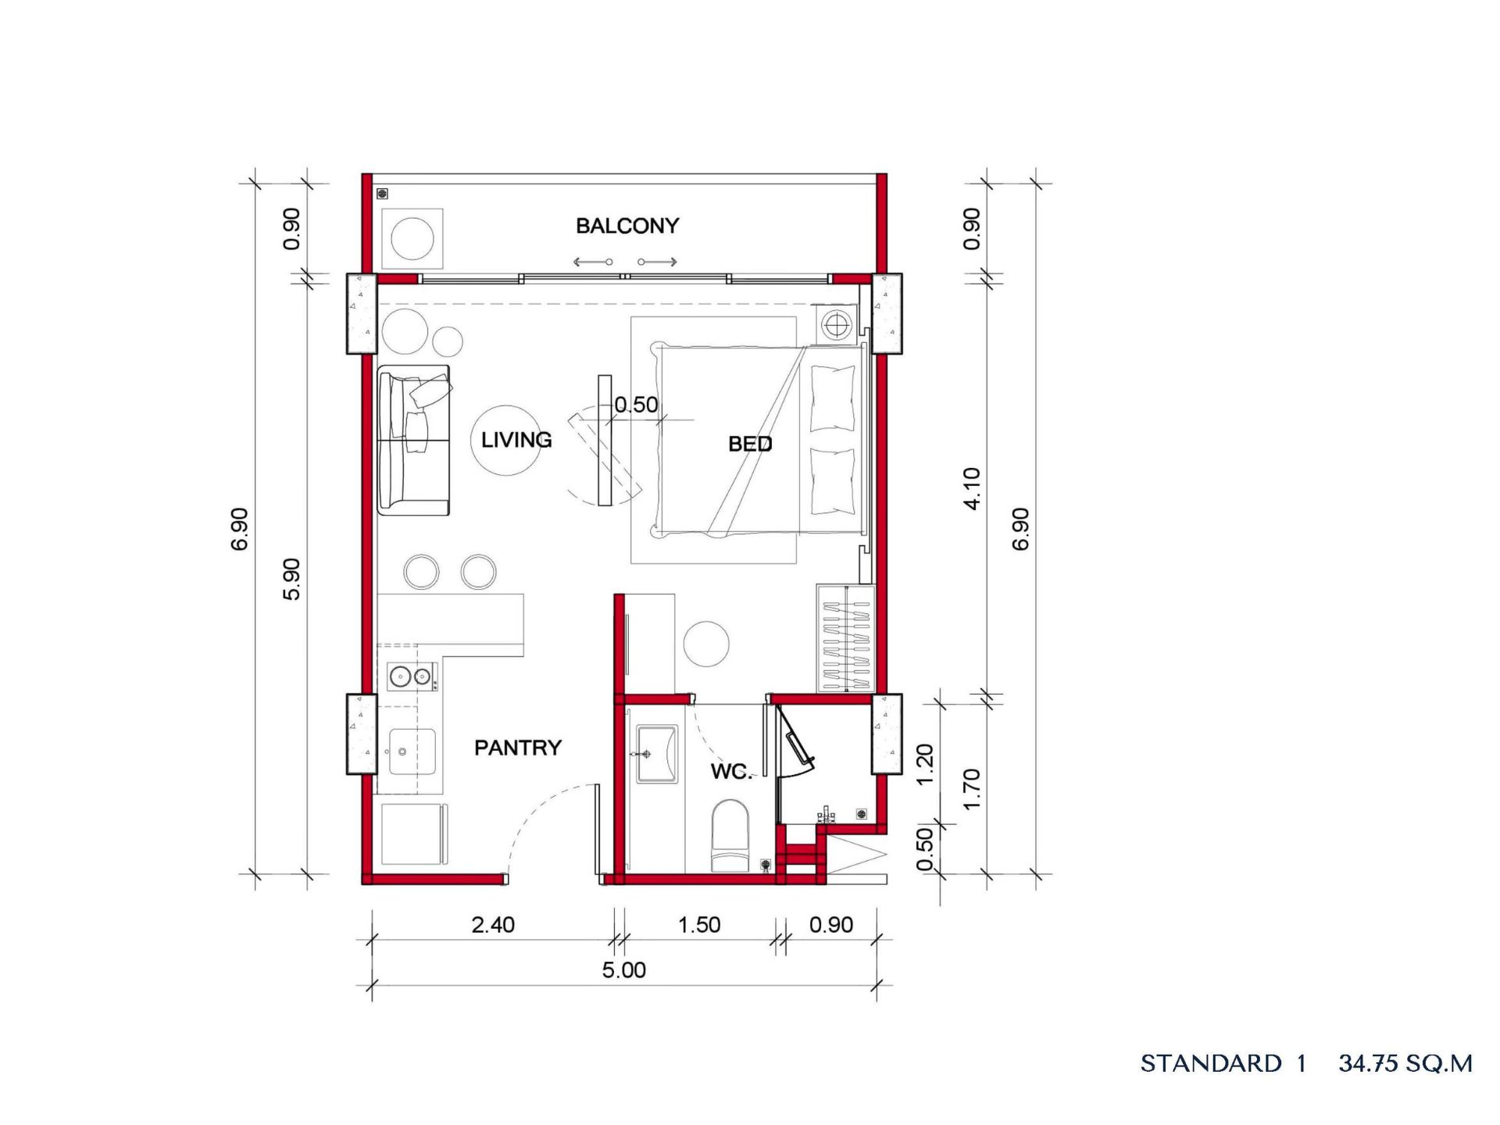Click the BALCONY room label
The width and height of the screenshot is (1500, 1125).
tap(627, 226)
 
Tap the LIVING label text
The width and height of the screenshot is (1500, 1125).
tap(516, 440)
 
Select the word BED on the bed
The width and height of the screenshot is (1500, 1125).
tap(750, 444)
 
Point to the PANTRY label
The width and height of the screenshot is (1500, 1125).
tap(518, 748)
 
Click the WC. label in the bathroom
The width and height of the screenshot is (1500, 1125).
tap(731, 771)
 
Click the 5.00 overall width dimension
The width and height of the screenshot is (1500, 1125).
tap(624, 970)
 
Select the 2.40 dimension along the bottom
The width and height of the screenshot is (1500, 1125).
tap(493, 925)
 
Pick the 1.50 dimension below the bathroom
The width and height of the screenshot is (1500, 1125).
tap(699, 925)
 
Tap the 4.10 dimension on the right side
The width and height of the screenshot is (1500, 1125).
tap(971, 489)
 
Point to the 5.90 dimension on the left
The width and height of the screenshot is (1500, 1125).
tap(291, 579)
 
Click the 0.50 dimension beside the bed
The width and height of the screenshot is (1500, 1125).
tap(636, 405)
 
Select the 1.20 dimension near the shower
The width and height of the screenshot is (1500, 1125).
tap(924, 765)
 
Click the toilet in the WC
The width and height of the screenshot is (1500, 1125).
tap(730, 835)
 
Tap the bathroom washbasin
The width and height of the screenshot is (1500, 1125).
tap(657, 754)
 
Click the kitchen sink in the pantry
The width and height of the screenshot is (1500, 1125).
tap(412, 752)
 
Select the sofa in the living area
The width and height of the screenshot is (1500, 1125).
tap(414, 441)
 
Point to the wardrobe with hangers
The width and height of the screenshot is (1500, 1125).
tap(846, 638)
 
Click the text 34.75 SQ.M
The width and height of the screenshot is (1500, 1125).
tap(1405, 1063)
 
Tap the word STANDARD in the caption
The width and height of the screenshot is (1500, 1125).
tap(1211, 1063)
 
